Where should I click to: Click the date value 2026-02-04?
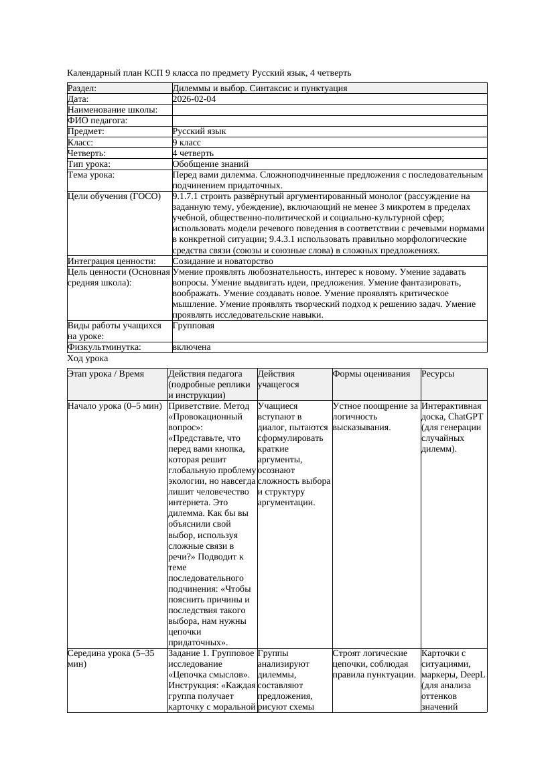pos(194,99)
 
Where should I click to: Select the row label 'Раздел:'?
pos(82,88)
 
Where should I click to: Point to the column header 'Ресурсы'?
pos(437,374)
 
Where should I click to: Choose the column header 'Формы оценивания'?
pos(371,374)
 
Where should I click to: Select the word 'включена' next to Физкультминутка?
pos(192,347)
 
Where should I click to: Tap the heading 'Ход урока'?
pos(88,359)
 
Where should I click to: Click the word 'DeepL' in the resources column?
pos(472,675)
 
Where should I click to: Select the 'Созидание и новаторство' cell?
pos(222,261)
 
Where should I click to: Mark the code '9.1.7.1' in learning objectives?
pos(188,196)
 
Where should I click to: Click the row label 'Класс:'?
pos(80,142)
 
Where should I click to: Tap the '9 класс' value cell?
pos(187,142)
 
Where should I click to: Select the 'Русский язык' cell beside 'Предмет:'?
pos(199,131)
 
